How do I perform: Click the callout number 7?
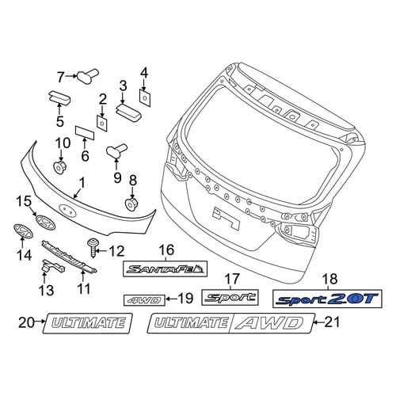click(x=61, y=78)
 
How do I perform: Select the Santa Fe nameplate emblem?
click(x=166, y=269)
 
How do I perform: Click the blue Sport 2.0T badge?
click(x=327, y=299)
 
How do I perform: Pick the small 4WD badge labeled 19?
click(x=144, y=300)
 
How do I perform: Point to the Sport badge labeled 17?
click(x=230, y=297)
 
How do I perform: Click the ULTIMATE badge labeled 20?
click(x=88, y=323)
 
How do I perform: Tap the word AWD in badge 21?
click(x=272, y=323)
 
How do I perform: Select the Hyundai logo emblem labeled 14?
click(x=23, y=231)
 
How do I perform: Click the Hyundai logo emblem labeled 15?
click(x=46, y=223)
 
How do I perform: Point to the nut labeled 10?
click(x=60, y=167)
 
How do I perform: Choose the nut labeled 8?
click(x=132, y=204)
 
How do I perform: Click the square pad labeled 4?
click(x=145, y=98)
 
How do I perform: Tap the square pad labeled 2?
click(x=102, y=124)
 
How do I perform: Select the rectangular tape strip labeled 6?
click(x=85, y=132)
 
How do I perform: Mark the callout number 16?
click(x=167, y=250)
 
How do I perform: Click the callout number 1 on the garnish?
click(x=82, y=183)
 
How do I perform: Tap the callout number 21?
click(x=331, y=322)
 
